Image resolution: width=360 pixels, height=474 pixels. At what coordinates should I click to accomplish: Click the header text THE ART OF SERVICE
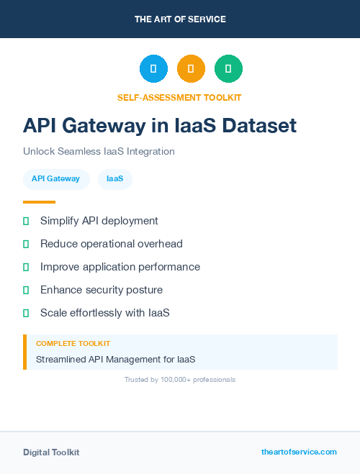[180, 19]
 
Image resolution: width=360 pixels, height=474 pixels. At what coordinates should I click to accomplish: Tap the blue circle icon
[153, 68]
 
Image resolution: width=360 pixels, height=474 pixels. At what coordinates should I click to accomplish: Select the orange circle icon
[191, 68]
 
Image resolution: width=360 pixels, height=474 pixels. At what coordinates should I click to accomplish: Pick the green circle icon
[229, 68]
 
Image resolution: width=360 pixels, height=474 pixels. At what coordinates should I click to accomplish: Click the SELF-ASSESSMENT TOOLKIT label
[179, 97]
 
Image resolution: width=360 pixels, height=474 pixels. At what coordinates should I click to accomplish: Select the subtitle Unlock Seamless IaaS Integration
[99, 152]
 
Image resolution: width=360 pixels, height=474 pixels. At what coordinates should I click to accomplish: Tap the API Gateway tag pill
[55, 179]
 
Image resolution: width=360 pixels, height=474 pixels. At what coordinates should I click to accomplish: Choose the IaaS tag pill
[115, 179]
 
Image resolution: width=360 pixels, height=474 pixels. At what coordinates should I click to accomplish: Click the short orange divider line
[39, 202]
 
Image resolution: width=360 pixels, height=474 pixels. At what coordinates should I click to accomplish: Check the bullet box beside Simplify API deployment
[26, 221]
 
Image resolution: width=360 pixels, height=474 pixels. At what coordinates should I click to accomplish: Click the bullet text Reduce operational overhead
[112, 244]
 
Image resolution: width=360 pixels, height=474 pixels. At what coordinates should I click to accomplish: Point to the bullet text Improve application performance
[120, 267]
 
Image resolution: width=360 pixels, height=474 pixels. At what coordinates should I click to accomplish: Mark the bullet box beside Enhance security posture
[26, 290]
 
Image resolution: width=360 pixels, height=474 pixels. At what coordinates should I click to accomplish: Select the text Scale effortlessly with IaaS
[105, 313]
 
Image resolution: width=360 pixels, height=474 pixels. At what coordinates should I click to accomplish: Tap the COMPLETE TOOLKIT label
[73, 344]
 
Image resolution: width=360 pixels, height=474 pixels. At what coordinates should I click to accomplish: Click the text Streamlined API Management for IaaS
[116, 359]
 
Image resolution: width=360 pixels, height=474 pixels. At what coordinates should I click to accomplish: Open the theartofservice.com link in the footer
[299, 452]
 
